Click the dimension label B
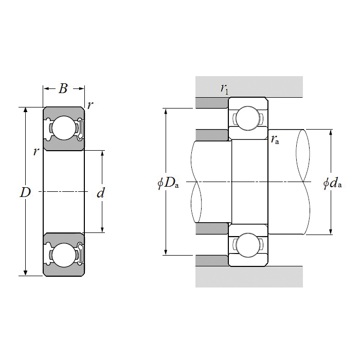[x=63, y=88]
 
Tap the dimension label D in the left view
[x=25, y=193]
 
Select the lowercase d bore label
[x=101, y=193]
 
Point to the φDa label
[x=168, y=183]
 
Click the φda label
[x=333, y=183]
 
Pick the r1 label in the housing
[x=224, y=89]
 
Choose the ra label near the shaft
[x=275, y=139]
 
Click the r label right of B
[x=90, y=105]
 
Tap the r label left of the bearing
[x=35, y=151]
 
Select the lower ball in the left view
[x=64, y=255]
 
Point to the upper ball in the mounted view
[x=248, y=118]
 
